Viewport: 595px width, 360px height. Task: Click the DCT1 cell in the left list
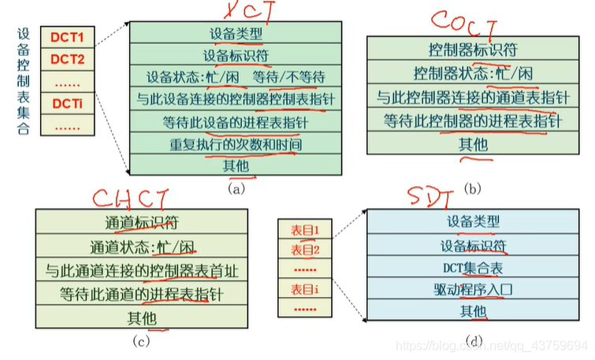coord(67,38)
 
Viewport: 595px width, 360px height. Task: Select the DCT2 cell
coord(67,60)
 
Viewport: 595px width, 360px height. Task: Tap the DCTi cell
coord(67,103)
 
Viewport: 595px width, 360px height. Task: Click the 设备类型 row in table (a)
coord(236,35)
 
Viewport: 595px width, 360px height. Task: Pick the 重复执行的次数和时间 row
coord(236,144)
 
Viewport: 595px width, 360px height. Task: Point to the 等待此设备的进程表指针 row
coord(236,123)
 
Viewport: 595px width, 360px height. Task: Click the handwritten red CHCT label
coord(141,197)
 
